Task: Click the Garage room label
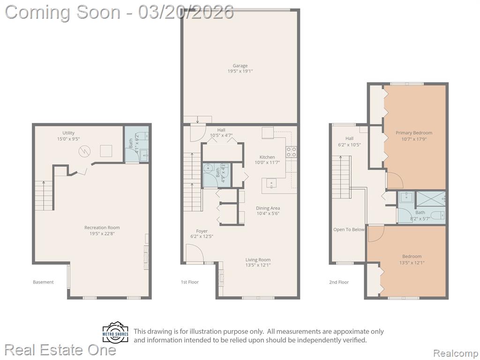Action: (240, 66)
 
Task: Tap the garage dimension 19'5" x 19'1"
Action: (240, 71)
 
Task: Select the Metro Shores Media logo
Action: (115, 333)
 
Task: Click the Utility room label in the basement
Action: (68, 133)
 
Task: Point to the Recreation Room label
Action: (102, 227)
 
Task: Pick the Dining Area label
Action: (268, 208)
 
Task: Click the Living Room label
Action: (258, 260)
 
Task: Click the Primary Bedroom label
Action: (414, 133)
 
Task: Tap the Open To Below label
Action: (349, 230)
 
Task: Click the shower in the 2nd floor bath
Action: (431, 199)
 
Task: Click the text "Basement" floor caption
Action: (43, 282)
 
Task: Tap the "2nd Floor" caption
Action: (339, 282)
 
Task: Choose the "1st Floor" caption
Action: (190, 282)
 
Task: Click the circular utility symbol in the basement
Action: (84, 151)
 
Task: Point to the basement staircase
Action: (44, 195)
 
